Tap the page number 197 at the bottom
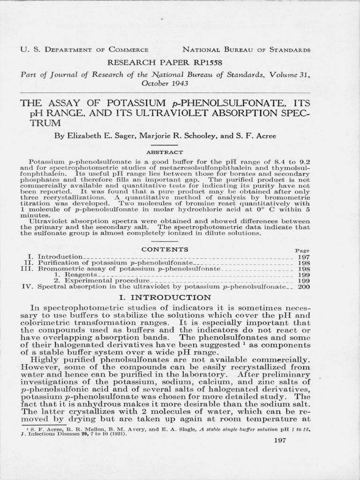tap(280, 441)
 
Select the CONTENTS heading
tap(165, 249)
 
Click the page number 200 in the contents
tap(304, 286)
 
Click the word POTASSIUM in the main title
tap(130, 103)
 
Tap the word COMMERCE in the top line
tap(129, 49)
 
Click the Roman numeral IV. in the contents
tap(27, 286)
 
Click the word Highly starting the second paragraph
tap(45, 360)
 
